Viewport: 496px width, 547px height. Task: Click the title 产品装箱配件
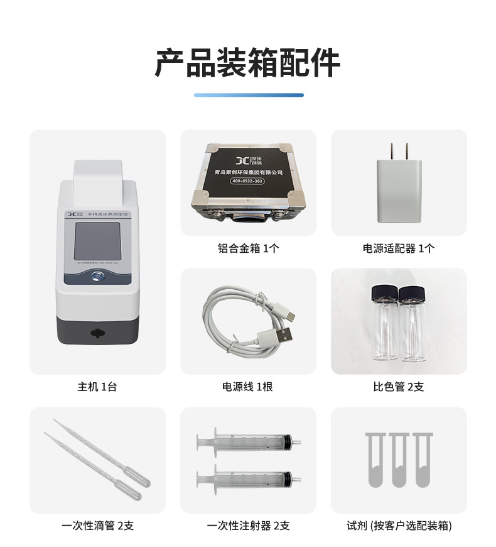coord(248,63)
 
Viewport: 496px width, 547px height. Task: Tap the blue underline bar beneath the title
coord(248,95)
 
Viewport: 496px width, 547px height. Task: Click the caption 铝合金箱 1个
coord(248,248)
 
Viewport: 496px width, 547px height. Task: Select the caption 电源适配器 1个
coord(399,248)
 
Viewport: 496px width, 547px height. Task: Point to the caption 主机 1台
coord(97,387)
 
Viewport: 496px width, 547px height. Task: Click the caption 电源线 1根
coord(248,387)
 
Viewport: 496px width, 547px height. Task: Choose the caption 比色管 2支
coord(399,387)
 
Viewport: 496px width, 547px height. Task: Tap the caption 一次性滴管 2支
coord(97,526)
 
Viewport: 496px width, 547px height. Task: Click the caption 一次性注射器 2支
coord(248,526)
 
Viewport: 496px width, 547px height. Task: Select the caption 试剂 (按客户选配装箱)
coord(399,526)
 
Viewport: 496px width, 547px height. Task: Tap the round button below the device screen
coord(97,275)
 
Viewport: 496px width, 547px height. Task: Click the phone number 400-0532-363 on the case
coord(248,182)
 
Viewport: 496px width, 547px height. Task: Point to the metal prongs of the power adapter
coord(399,152)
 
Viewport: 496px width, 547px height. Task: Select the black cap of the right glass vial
coord(412,292)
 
